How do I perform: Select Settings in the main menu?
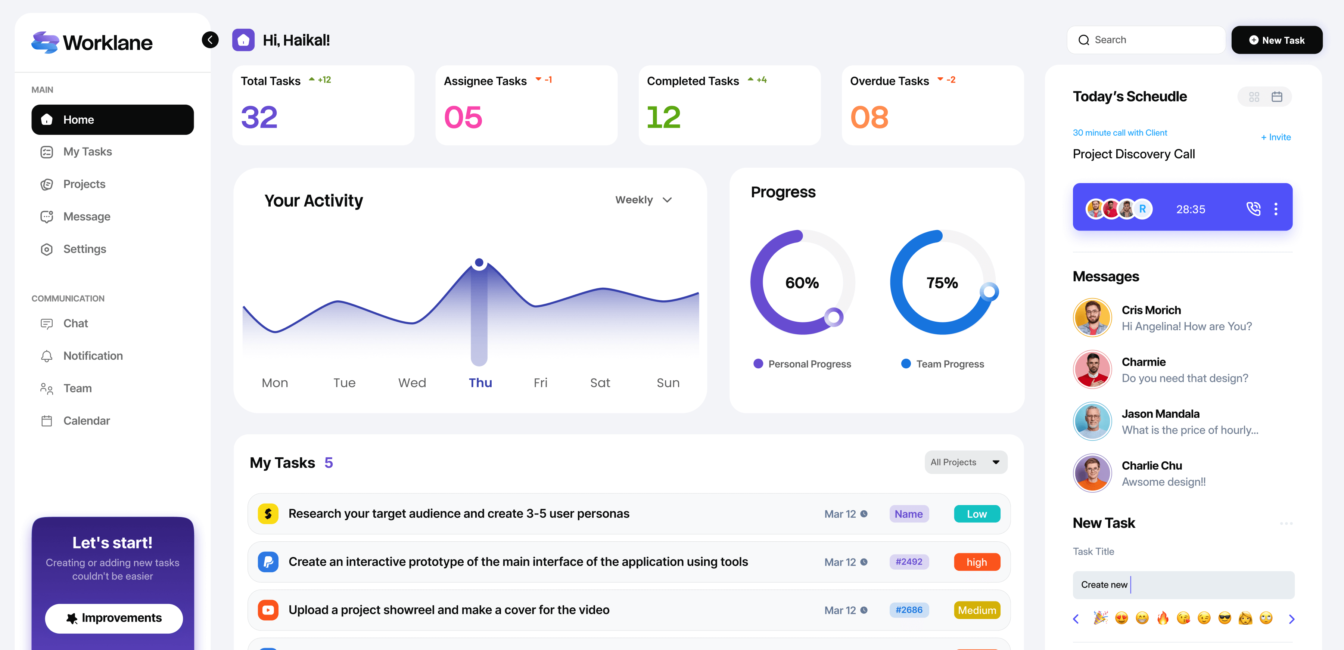(x=84, y=249)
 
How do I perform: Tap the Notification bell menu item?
(x=93, y=356)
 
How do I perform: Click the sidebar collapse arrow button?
(x=210, y=40)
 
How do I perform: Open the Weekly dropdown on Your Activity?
(x=643, y=200)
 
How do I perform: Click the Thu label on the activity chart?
(x=480, y=383)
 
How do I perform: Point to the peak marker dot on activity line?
(x=479, y=263)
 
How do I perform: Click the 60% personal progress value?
(x=802, y=283)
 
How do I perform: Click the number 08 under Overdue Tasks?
(x=869, y=117)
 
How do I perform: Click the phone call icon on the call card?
(x=1253, y=209)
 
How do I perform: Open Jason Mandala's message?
(x=1189, y=422)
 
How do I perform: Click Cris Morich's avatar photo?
(x=1092, y=318)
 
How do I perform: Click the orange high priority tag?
(x=977, y=562)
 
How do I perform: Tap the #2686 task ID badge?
(x=908, y=610)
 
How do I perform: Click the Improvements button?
(x=114, y=618)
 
